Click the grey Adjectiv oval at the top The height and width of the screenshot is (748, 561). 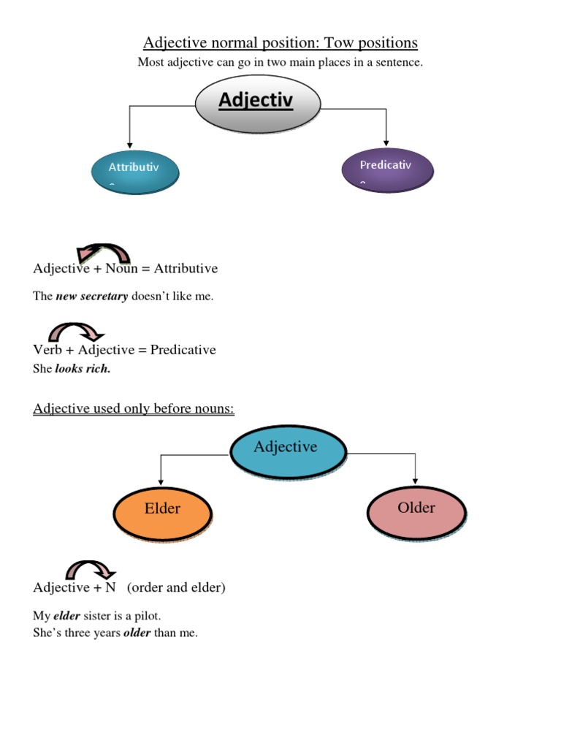click(x=257, y=104)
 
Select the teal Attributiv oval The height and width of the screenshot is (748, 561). click(x=134, y=172)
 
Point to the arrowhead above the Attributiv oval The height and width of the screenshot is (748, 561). click(x=129, y=143)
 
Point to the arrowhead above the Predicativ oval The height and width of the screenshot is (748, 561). click(x=386, y=141)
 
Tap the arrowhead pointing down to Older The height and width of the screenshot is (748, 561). click(x=415, y=479)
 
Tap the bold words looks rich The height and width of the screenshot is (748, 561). click(x=83, y=369)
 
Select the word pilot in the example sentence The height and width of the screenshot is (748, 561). click(x=148, y=616)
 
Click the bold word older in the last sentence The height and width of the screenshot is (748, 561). click(x=137, y=633)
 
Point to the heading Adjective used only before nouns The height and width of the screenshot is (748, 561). click(x=134, y=408)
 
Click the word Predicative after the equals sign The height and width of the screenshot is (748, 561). click(x=183, y=350)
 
